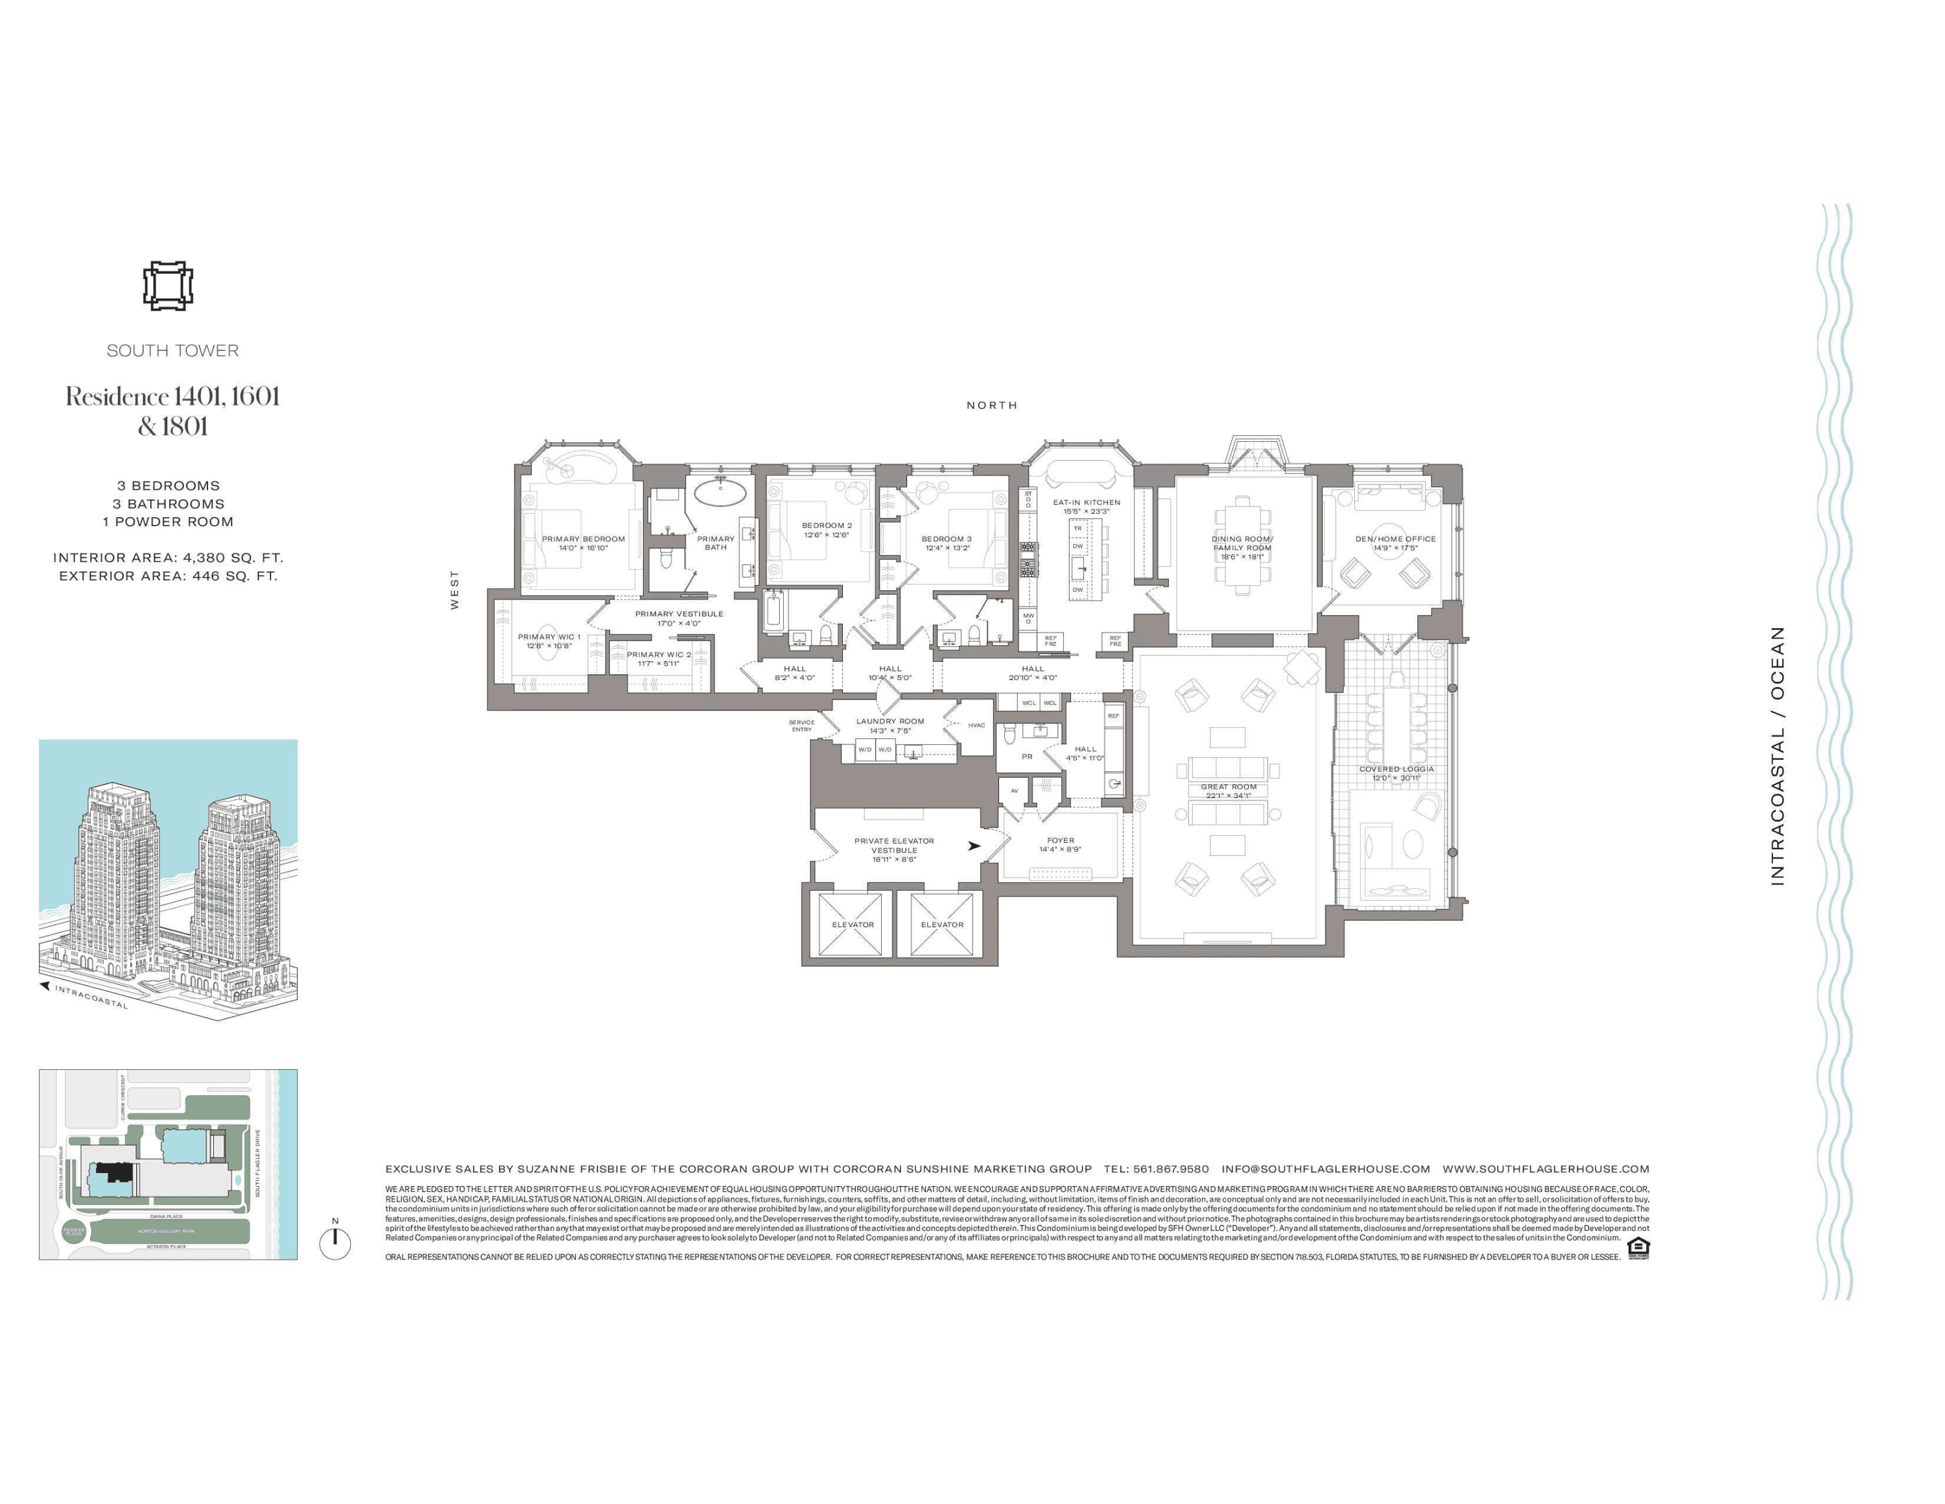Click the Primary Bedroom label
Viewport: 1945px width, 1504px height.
coord(583,539)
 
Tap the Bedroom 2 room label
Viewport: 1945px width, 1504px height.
coord(827,526)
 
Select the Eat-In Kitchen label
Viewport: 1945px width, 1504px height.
coord(1087,502)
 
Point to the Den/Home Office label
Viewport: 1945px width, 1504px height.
coord(1395,539)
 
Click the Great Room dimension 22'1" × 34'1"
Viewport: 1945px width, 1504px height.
coord(1228,795)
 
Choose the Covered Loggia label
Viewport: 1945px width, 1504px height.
coord(1397,769)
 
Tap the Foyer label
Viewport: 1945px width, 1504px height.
coord(1061,840)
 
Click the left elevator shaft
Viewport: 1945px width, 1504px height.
coord(853,925)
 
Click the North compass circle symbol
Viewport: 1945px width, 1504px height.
coord(335,1243)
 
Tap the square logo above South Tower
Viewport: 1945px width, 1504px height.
coord(169,286)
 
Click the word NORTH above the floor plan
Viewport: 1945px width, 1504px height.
coord(992,406)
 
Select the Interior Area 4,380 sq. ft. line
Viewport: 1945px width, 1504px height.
coord(169,558)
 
